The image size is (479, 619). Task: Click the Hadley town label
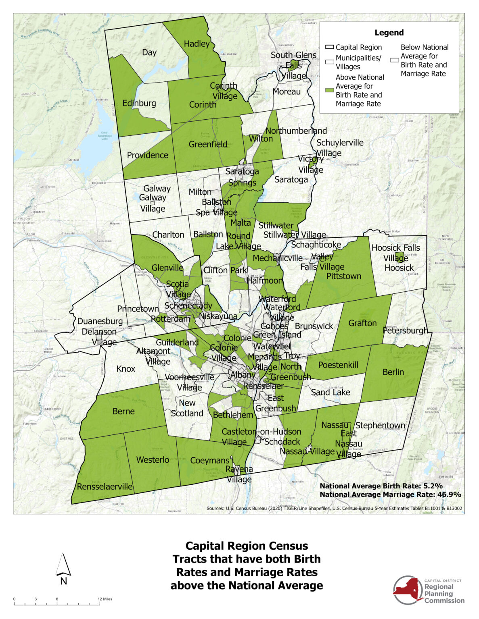(x=197, y=44)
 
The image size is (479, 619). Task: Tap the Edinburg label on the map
(x=139, y=103)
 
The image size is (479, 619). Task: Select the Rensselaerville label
(x=105, y=486)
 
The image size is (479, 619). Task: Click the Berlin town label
(x=393, y=372)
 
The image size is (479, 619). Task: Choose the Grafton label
(x=362, y=323)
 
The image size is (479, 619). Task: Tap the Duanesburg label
(x=100, y=321)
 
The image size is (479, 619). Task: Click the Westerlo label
(x=153, y=460)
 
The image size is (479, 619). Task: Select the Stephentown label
(x=380, y=426)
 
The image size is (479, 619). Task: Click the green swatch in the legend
(x=330, y=90)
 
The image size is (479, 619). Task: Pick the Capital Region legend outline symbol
(x=330, y=48)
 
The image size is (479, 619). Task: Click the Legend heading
(x=389, y=33)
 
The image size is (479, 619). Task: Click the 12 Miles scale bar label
(x=105, y=599)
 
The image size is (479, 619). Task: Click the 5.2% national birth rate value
(x=433, y=486)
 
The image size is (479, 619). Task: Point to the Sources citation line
(x=334, y=509)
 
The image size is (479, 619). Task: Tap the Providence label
(x=148, y=155)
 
